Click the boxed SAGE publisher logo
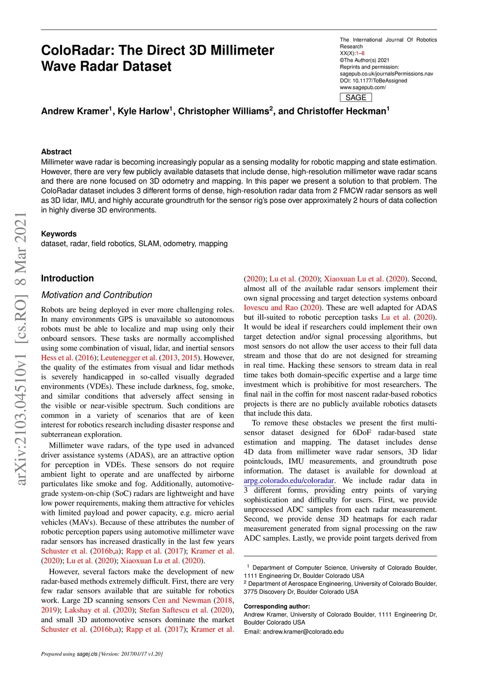[356, 98]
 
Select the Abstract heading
[56, 152]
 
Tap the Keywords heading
[59, 234]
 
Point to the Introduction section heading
[67, 278]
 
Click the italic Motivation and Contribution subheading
[97, 295]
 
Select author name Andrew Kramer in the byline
[75, 111]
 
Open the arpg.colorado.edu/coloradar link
[289, 480]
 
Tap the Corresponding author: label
[277, 606]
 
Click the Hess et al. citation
[57, 358]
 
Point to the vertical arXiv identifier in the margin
[21, 348]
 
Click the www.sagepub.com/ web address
[363, 87]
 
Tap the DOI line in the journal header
[373, 81]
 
